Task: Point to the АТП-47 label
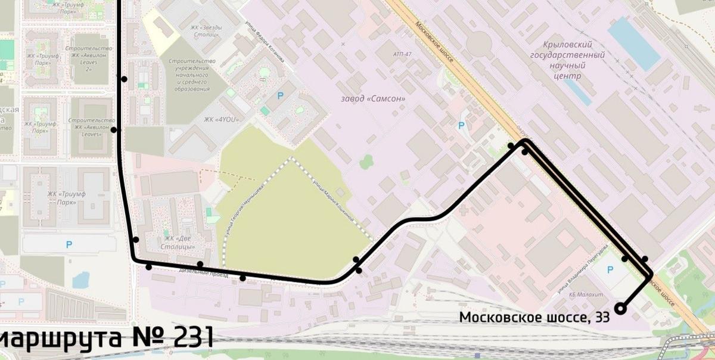pos(402,54)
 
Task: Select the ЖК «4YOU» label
pos(221,119)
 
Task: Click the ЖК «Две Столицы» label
pos(179,243)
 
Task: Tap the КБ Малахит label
pos(586,295)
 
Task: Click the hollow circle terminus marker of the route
pos(620,308)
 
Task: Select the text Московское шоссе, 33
pos(534,318)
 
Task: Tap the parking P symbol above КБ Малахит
pos(610,270)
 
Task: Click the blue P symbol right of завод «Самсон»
pos(460,126)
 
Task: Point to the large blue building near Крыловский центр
pos(634,44)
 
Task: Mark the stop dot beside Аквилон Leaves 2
pos(124,79)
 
